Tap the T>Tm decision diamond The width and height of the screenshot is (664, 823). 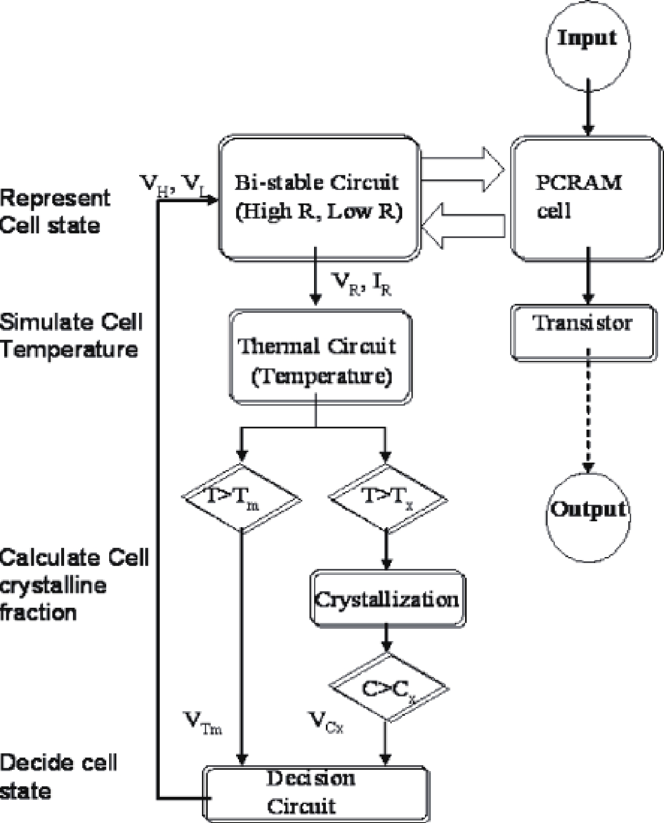(x=242, y=498)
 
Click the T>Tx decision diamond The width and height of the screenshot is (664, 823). (x=387, y=498)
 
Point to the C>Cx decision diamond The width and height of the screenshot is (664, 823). (x=388, y=689)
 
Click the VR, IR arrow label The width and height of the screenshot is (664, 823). (x=362, y=285)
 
